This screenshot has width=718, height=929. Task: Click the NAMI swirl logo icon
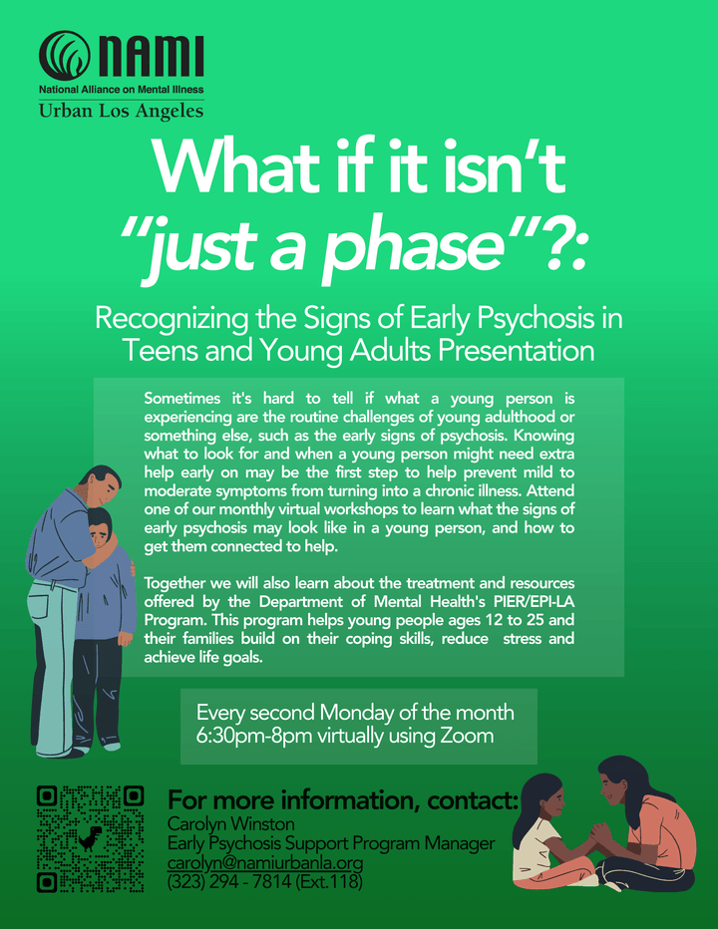(65, 56)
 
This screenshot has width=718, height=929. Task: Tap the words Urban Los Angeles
(121, 111)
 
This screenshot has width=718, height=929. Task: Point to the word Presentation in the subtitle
(516, 350)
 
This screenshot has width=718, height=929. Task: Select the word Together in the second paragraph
(171, 584)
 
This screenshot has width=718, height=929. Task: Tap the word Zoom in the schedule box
(467, 736)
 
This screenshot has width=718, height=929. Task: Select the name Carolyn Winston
(231, 824)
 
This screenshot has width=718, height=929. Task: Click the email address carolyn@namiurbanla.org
(265, 862)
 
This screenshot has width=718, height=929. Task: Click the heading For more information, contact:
(343, 799)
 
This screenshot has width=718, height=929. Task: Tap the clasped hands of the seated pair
(599, 833)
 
